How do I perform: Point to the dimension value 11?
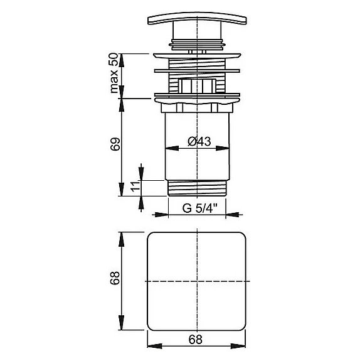[134, 186]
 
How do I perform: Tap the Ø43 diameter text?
[198, 142]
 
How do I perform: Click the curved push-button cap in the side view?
[198, 20]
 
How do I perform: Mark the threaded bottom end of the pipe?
[198, 187]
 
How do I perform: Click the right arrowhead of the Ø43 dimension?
[226, 149]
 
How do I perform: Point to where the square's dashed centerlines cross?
[198, 280]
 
